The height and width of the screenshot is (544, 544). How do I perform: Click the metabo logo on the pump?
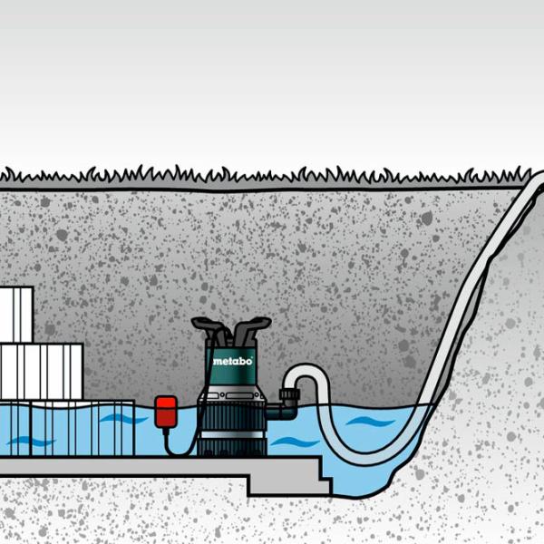(232, 361)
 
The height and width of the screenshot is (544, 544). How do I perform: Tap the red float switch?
(165, 409)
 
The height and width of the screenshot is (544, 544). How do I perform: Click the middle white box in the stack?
(41, 371)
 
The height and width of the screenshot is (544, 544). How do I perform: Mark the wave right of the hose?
(371, 423)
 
